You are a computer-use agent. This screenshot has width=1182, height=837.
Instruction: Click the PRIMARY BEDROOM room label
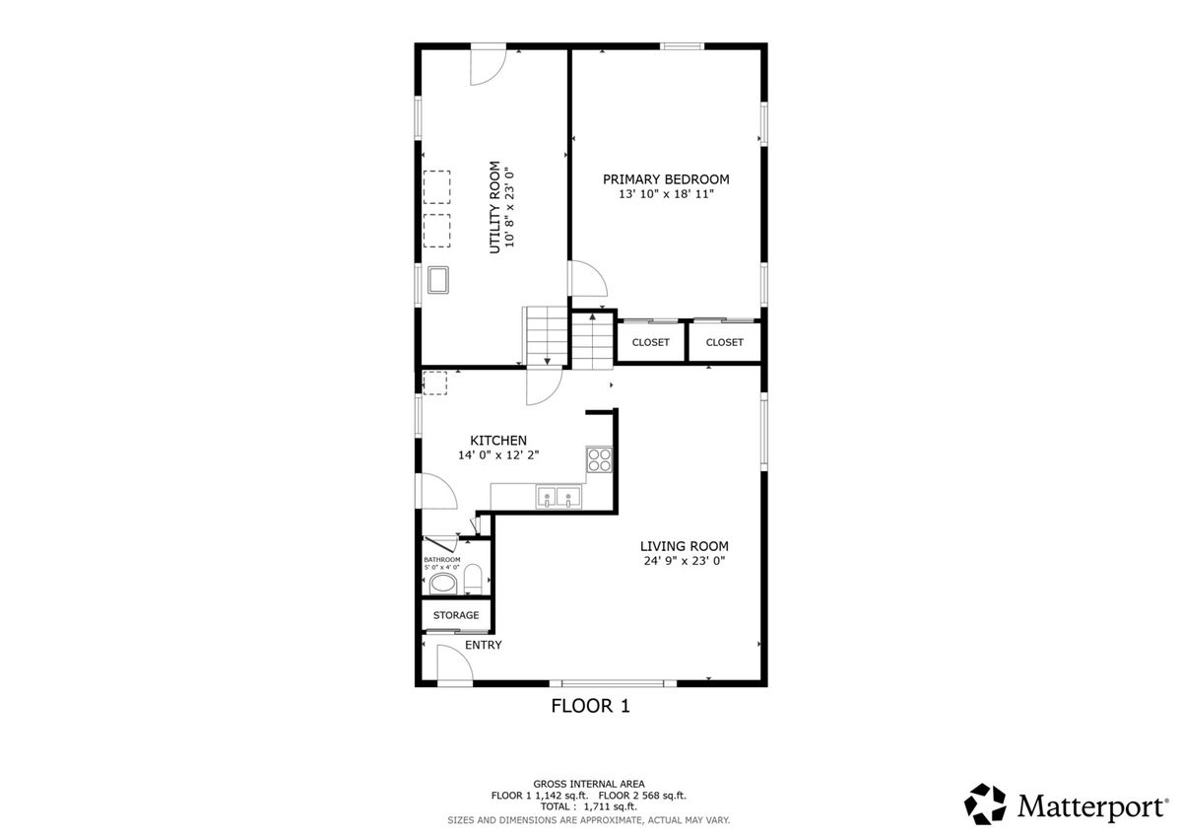tap(666, 179)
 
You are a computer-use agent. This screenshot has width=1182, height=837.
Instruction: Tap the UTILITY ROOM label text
tap(494, 207)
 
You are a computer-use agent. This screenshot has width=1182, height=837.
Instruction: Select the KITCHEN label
tap(498, 441)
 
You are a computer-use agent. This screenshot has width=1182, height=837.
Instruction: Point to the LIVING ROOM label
tap(684, 546)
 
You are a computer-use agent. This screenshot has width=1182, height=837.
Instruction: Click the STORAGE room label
tap(456, 615)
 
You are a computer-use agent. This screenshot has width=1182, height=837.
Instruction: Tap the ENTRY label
tap(483, 645)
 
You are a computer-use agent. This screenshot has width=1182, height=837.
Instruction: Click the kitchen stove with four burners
tap(600, 458)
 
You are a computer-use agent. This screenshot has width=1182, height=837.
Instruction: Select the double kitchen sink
tap(558, 497)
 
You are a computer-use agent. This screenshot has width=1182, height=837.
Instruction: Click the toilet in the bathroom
tap(472, 580)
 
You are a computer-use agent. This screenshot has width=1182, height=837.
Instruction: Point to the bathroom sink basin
tap(443, 584)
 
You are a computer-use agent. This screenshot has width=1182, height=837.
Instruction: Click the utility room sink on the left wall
tap(438, 280)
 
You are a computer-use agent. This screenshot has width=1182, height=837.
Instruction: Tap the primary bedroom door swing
tap(589, 278)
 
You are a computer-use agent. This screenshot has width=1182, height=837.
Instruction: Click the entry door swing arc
tap(455, 663)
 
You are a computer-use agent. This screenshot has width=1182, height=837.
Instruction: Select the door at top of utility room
tap(489, 66)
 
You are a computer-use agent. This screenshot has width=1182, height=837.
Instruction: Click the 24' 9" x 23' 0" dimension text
tap(685, 561)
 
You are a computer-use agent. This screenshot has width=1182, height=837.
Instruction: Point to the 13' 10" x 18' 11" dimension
tap(666, 194)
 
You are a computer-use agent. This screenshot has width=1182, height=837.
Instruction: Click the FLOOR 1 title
tap(590, 706)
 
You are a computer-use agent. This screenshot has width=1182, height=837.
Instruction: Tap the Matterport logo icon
tap(985, 804)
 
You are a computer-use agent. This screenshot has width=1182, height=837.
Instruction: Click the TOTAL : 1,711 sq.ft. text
tap(588, 806)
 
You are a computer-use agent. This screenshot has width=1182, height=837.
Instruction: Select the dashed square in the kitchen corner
tap(434, 384)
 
